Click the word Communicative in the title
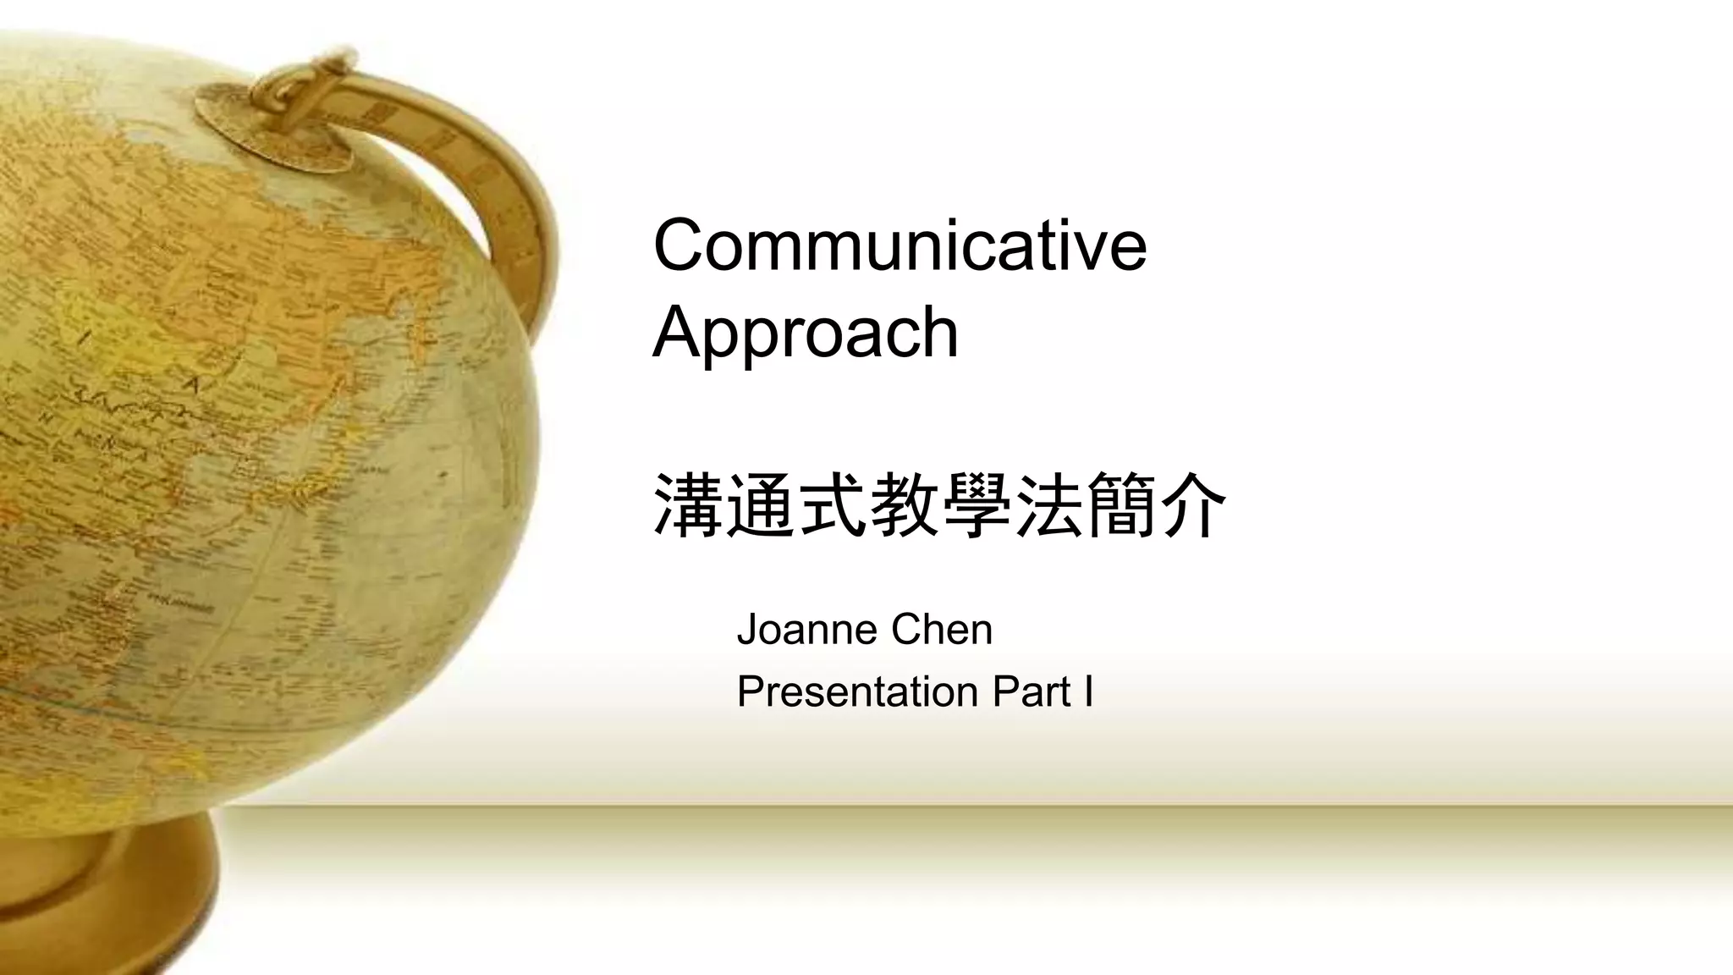(x=900, y=245)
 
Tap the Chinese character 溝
(x=688, y=505)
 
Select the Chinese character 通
(x=760, y=505)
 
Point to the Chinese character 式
(x=833, y=505)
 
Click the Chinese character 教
(x=905, y=505)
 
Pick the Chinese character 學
(x=977, y=505)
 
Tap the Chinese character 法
(x=1049, y=505)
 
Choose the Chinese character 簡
(x=1121, y=505)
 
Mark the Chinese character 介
(x=1193, y=505)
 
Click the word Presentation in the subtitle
(x=857, y=691)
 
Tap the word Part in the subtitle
(x=1032, y=691)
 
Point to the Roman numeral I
(x=1087, y=691)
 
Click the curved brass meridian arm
(x=508, y=203)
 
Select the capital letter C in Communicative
(x=684, y=245)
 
